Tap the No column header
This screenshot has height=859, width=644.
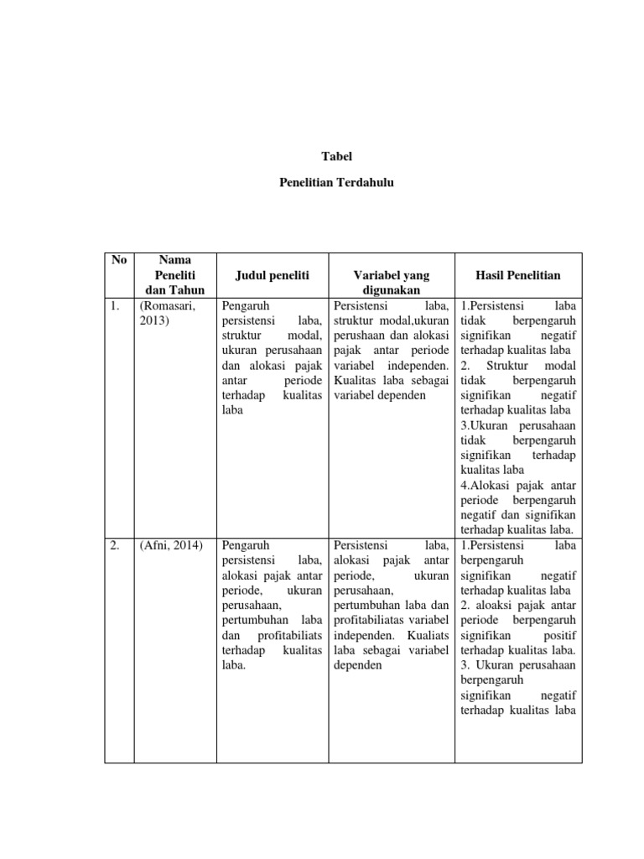point(119,260)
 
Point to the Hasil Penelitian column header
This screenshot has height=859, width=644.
point(518,275)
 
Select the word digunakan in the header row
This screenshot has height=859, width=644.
point(391,290)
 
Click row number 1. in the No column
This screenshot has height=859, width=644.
point(116,305)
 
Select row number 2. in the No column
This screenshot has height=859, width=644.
point(116,546)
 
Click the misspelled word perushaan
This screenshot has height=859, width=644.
point(361,336)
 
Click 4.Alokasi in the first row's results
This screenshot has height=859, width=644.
point(485,486)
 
